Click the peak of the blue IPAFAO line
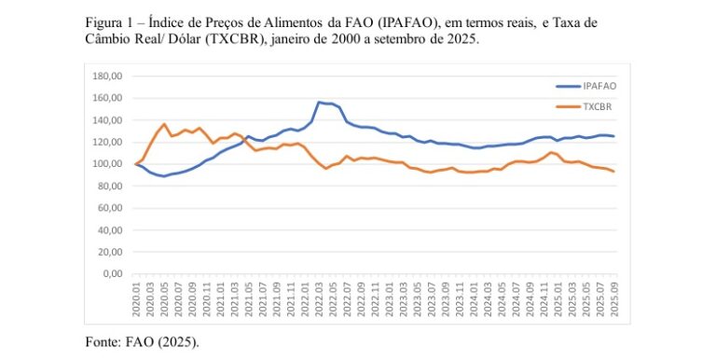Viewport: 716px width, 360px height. point(320,102)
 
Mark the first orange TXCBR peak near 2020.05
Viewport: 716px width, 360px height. point(164,124)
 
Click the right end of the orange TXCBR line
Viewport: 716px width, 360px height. point(614,172)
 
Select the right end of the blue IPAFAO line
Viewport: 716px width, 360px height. point(614,136)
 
